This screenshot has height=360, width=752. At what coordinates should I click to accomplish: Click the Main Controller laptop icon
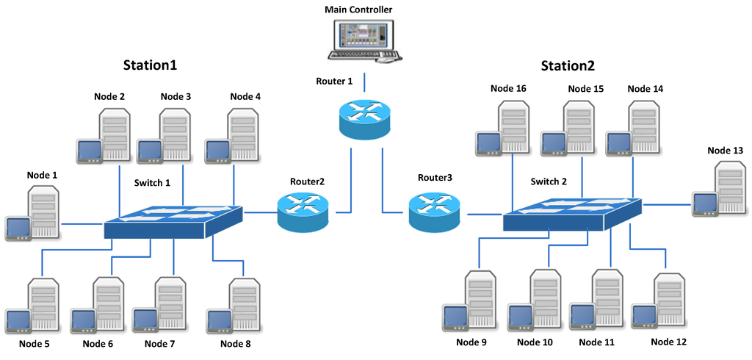click(x=364, y=40)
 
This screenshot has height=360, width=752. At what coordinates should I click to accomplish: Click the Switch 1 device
click(x=173, y=220)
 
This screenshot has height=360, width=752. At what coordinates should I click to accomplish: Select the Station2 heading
click(x=568, y=65)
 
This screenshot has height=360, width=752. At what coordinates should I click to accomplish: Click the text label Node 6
click(x=98, y=343)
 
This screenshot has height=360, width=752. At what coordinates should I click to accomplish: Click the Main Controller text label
click(x=358, y=10)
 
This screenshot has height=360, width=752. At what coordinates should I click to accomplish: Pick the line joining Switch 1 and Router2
click(x=259, y=212)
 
